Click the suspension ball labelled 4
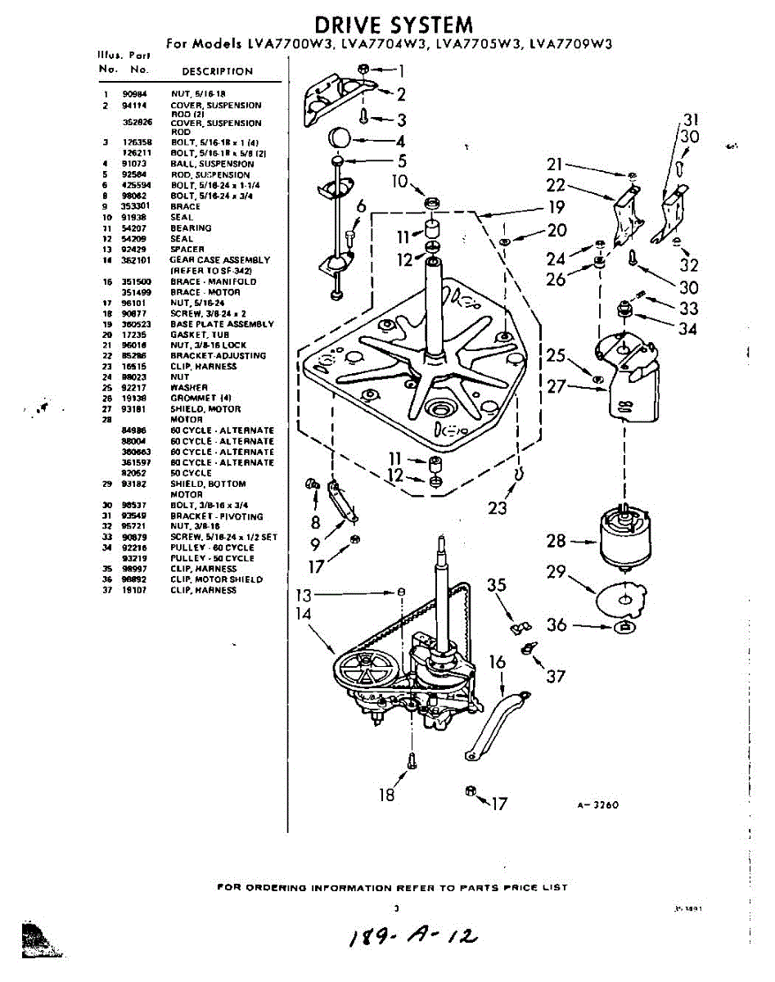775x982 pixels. tap(340, 137)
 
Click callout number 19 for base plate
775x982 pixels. tap(556, 206)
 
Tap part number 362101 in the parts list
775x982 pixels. tap(134, 259)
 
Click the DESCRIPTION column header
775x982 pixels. tap(217, 71)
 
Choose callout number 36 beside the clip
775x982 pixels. tap(557, 624)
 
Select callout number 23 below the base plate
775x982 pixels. tap(498, 507)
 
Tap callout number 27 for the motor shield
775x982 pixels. tap(556, 385)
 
